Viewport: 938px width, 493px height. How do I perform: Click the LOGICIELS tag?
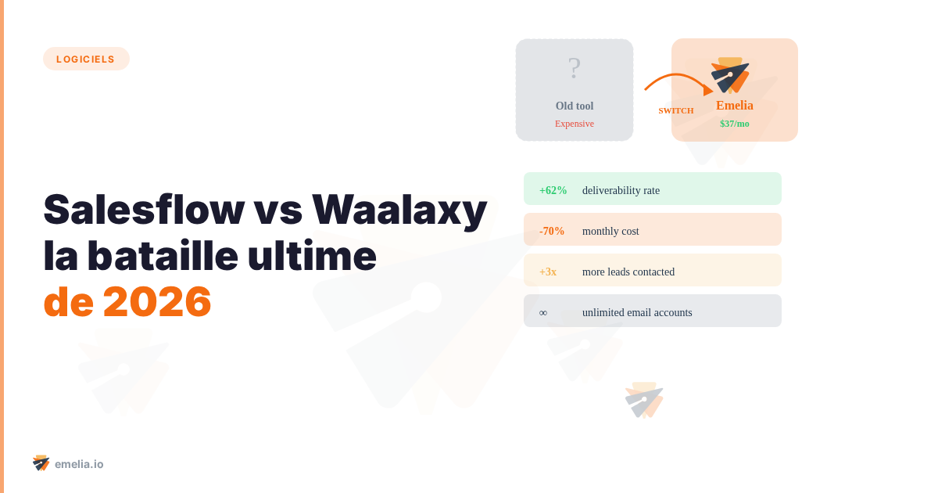tap(86, 59)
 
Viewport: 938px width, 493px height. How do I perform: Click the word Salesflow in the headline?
tap(144, 209)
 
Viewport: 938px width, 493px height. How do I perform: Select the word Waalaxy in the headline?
tap(399, 209)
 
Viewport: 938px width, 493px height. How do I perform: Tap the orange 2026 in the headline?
tap(157, 301)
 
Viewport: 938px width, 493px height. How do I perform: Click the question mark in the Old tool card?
tap(575, 69)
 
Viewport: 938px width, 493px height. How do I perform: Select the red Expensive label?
tap(575, 124)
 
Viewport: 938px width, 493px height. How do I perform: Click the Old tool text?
tap(575, 106)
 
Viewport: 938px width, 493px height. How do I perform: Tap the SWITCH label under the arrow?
tap(676, 110)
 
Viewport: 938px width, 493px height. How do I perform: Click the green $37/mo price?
tap(735, 124)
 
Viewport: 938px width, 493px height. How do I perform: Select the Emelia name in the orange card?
tap(735, 106)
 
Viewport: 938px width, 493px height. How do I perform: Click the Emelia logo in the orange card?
tap(730, 75)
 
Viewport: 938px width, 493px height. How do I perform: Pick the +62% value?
tap(553, 190)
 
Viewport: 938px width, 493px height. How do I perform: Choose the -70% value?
tap(552, 231)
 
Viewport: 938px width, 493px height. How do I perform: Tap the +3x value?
tap(548, 272)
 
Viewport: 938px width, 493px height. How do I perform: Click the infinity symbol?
tap(543, 312)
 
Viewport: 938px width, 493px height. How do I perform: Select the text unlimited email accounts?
tap(637, 312)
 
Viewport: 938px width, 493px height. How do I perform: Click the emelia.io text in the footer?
tap(79, 464)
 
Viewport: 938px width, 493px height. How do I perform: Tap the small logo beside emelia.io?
tap(41, 463)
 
